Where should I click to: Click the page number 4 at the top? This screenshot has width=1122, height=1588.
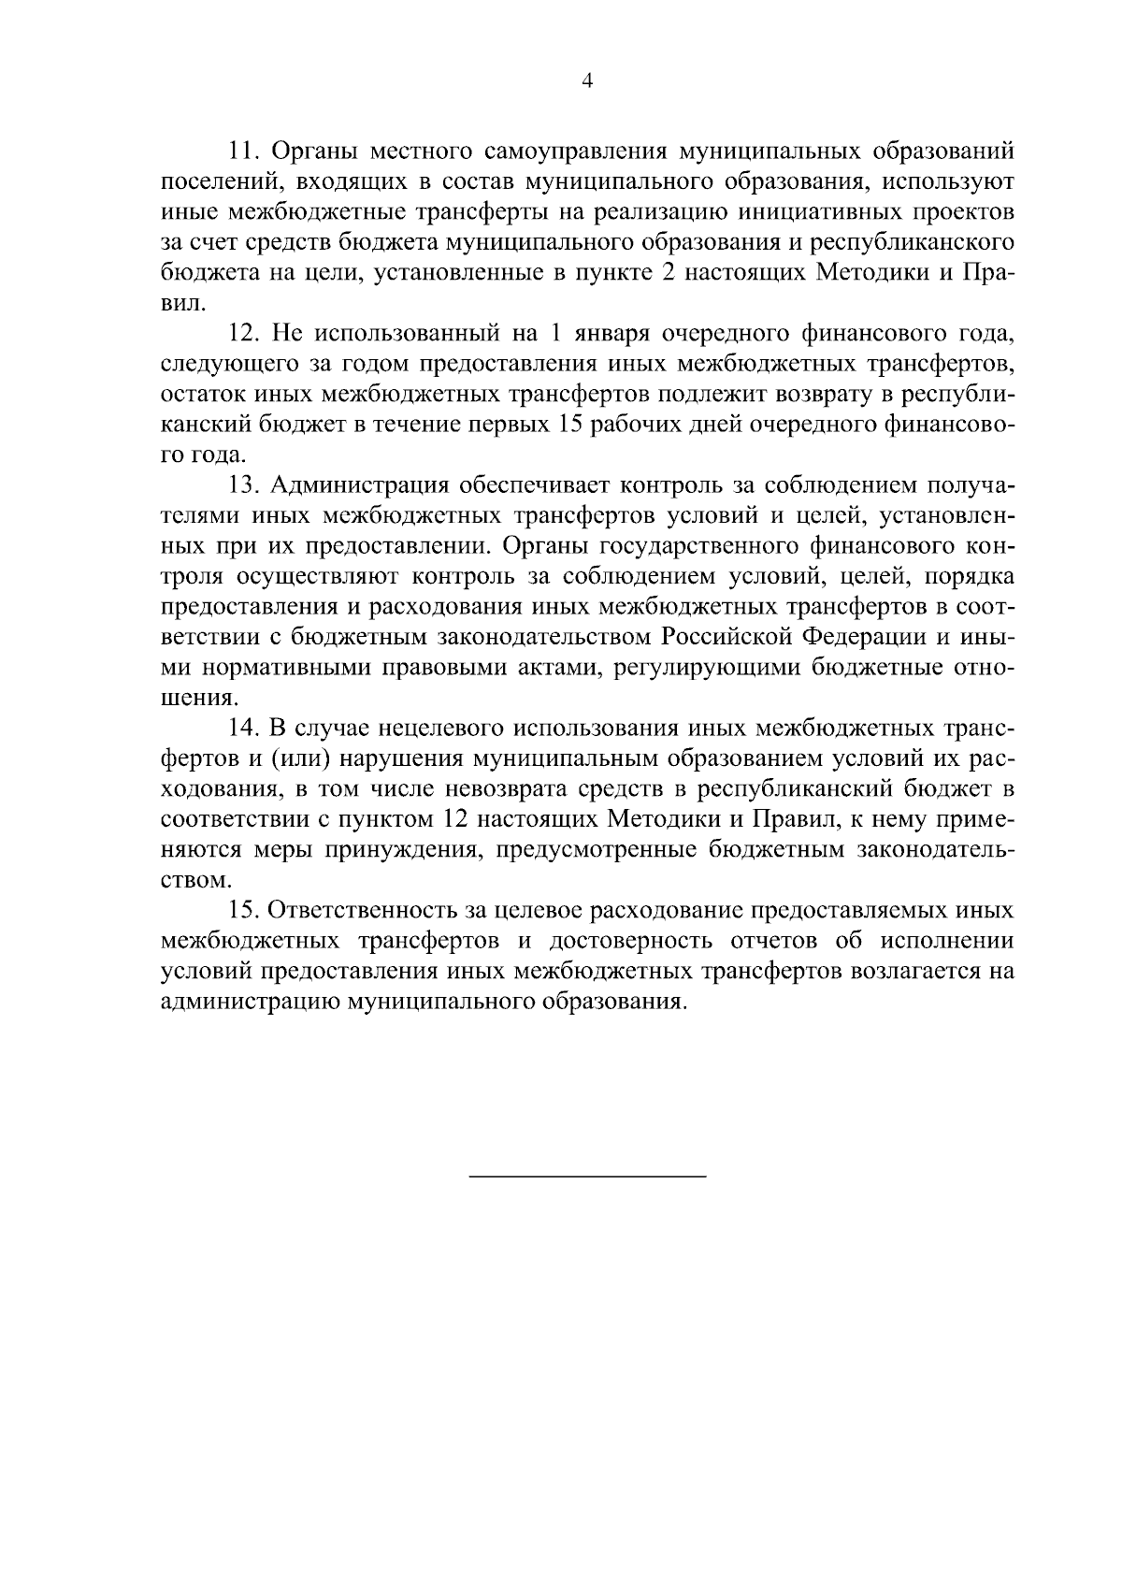(x=587, y=80)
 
